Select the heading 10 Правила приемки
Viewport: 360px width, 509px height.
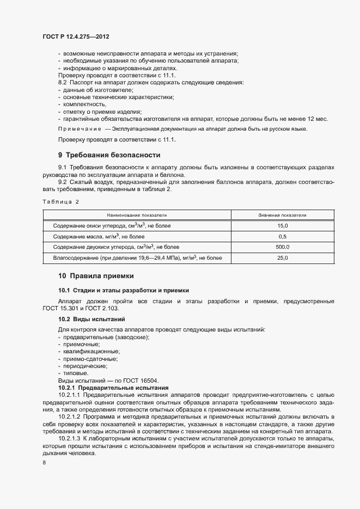coord(95,275)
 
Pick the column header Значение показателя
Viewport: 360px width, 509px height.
coord(282,215)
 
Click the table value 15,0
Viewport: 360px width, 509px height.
coord(282,225)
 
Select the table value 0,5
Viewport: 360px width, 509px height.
coord(282,236)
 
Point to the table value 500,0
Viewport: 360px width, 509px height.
coord(282,247)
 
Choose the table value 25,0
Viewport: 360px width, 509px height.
coord(282,257)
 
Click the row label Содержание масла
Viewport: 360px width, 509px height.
coord(99,236)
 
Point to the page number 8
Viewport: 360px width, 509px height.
coord(44,462)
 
